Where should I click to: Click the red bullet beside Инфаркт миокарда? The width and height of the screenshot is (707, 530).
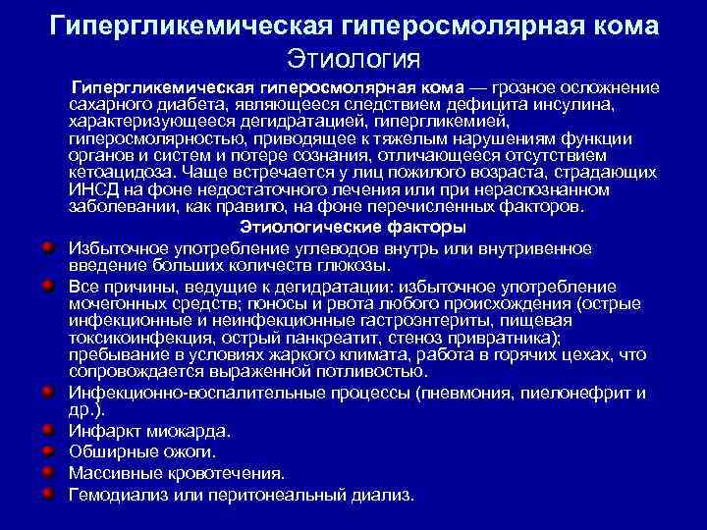[46, 429]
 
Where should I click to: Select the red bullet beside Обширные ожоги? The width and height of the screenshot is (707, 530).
[46, 450]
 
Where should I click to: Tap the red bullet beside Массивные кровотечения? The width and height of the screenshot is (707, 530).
[46, 471]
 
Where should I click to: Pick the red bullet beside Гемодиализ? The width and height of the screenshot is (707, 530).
[46, 493]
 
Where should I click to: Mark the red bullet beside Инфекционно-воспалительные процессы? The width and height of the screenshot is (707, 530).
[46, 392]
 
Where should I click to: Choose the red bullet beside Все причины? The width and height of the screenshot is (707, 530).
[46, 286]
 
